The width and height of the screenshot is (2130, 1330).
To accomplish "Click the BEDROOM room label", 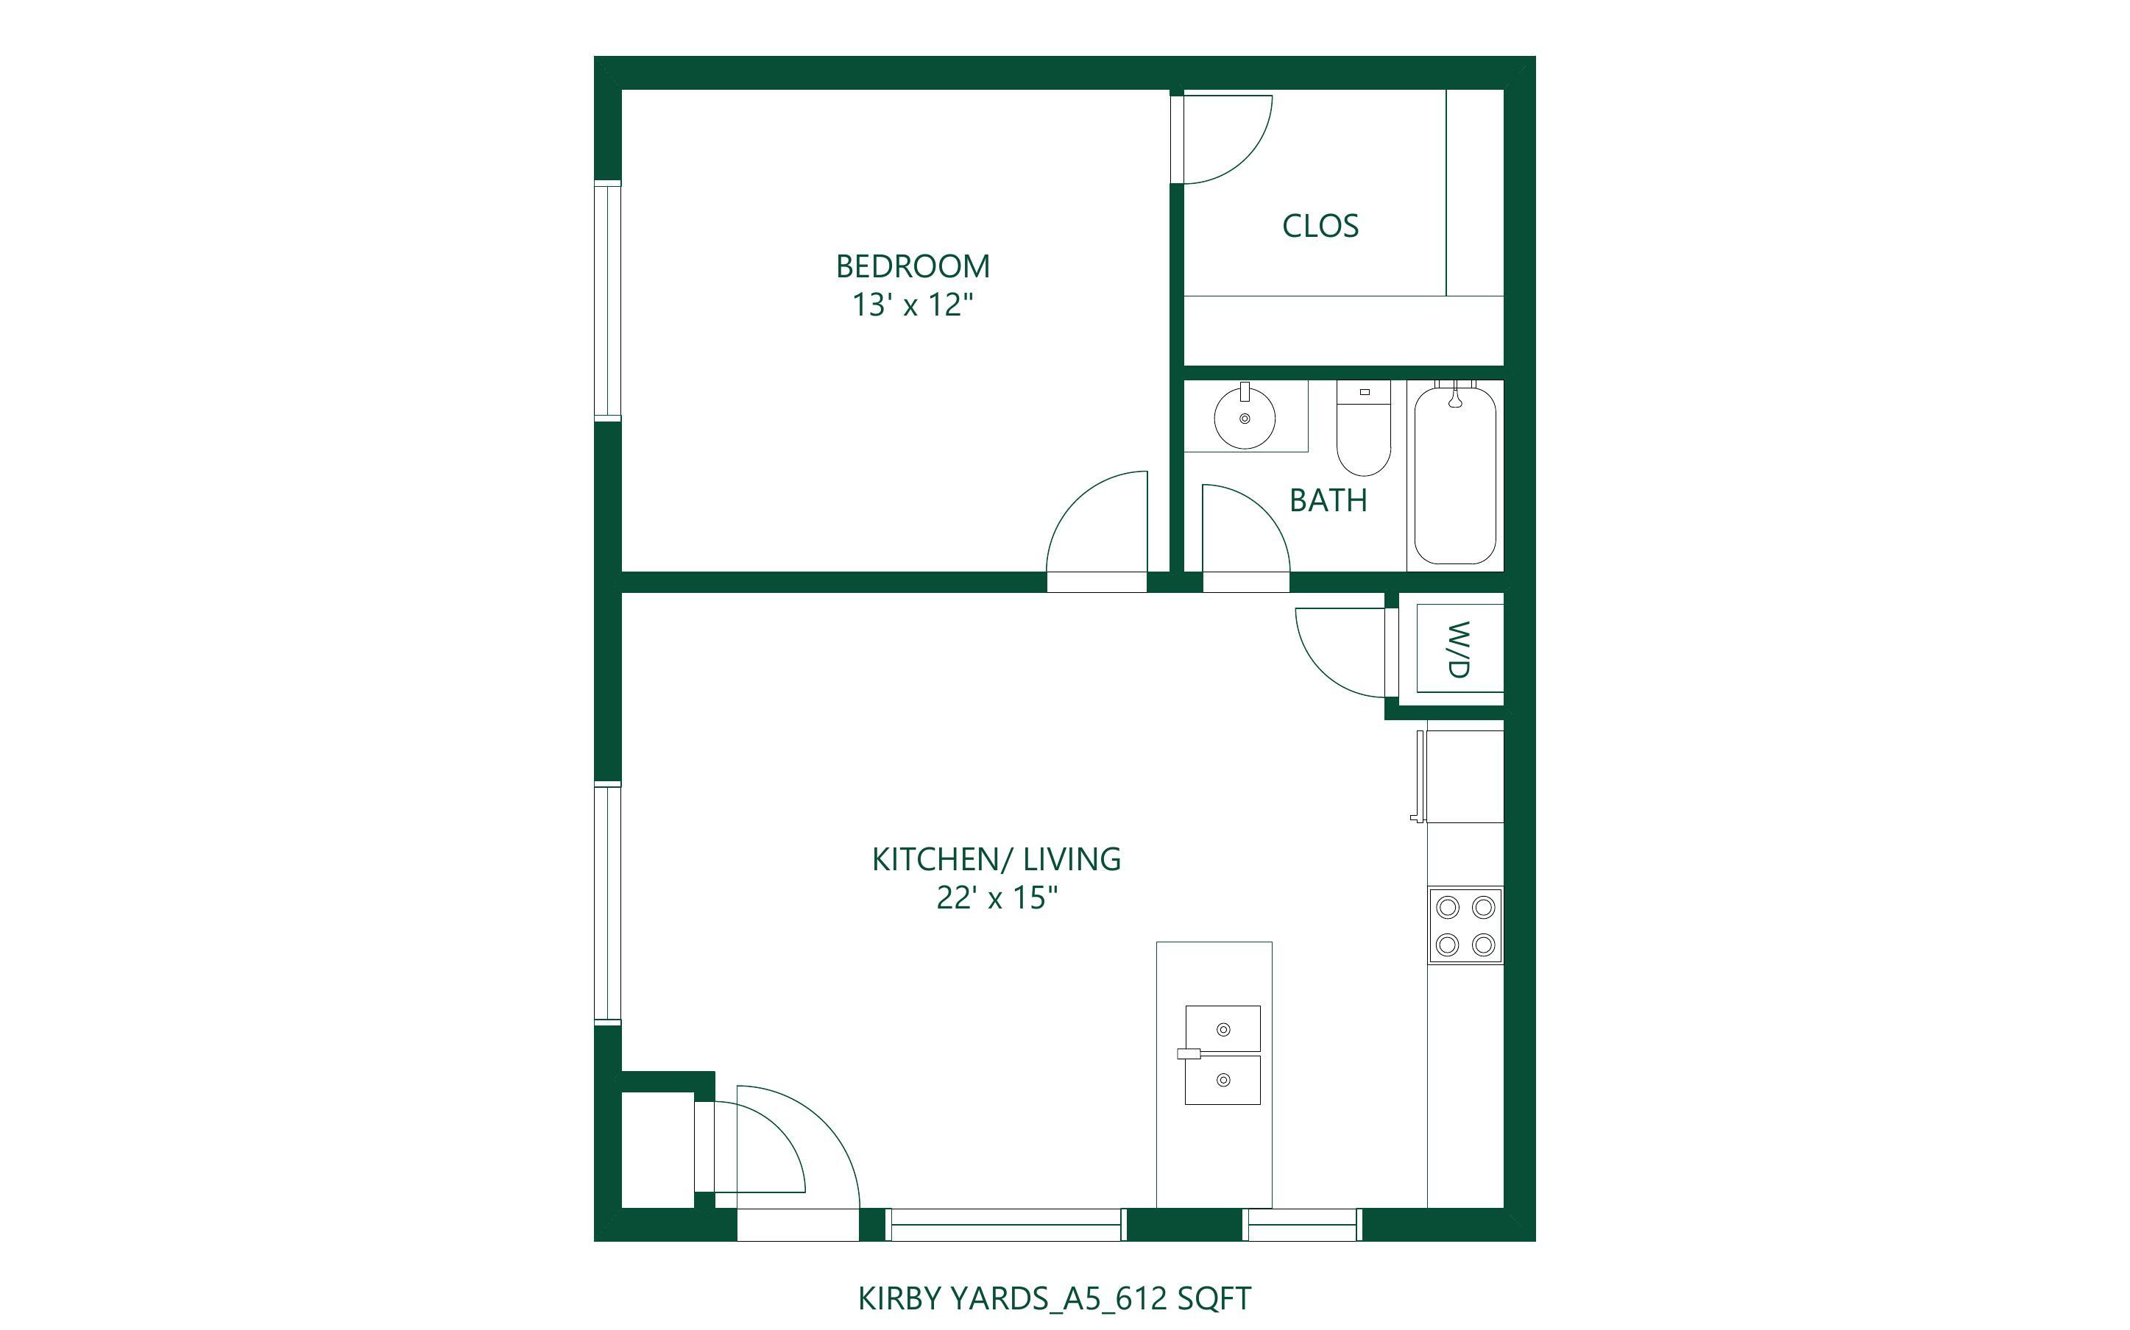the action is [x=913, y=266].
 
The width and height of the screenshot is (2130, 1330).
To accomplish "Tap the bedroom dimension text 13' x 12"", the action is [x=913, y=305].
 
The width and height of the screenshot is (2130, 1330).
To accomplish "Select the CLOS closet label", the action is [x=1320, y=226].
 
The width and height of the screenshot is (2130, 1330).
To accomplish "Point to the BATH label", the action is [x=1328, y=500].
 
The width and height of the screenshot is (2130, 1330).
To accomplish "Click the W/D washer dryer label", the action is [x=1458, y=649].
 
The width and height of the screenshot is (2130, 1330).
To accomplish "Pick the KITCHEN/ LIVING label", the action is [x=996, y=859].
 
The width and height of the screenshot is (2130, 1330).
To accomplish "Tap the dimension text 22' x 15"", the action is [x=996, y=898].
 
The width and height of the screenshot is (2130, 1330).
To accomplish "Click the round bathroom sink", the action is [x=1244, y=418].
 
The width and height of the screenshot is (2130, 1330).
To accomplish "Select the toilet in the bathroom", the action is [x=1363, y=427].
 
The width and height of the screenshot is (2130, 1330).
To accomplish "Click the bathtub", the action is [x=1454, y=472].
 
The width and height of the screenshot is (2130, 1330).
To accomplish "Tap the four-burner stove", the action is [x=1465, y=925].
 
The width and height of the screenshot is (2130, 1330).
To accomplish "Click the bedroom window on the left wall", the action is [x=608, y=300].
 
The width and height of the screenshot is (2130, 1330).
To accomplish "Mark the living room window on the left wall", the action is [x=608, y=903].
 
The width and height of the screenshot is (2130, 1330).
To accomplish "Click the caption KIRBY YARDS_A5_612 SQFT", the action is [x=1054, y=1298].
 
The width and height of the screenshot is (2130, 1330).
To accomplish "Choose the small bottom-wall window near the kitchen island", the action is [x=1303, y=1225].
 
